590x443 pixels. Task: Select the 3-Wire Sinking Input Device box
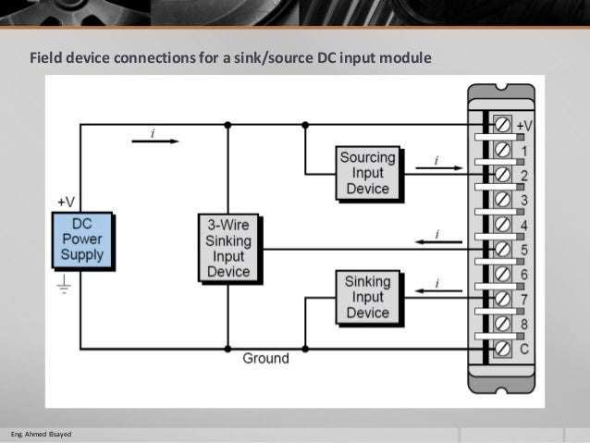point(228,247)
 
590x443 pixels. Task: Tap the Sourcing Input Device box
point(367,173)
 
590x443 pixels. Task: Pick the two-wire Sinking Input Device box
point(367,297)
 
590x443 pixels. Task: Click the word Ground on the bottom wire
point(265,358)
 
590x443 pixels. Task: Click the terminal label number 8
point(523,325)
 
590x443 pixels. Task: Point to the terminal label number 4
point(523,225)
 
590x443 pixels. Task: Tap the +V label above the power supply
point(67,201)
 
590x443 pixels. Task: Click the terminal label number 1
point(523,150)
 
